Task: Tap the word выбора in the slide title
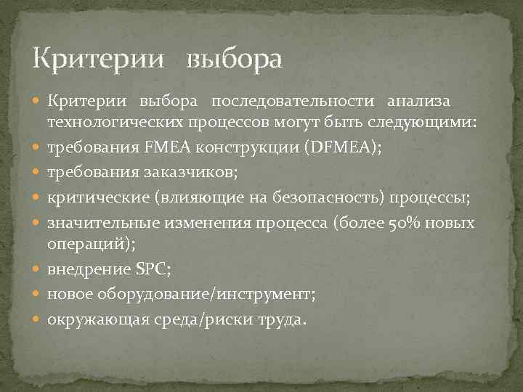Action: click(x=233, y=59)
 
